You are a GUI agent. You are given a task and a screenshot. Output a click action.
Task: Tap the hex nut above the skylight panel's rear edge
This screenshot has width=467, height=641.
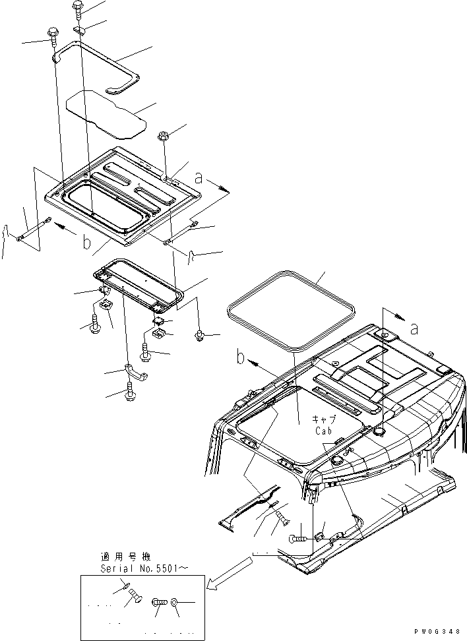[x=164, y=137]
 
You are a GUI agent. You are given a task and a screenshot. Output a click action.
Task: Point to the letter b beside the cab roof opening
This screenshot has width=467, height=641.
[x=242, y=359]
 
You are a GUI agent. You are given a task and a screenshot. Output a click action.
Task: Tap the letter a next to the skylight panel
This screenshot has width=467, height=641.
[x=199, y=177]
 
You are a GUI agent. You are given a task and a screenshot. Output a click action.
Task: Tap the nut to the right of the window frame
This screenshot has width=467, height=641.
[x=199, y=336]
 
